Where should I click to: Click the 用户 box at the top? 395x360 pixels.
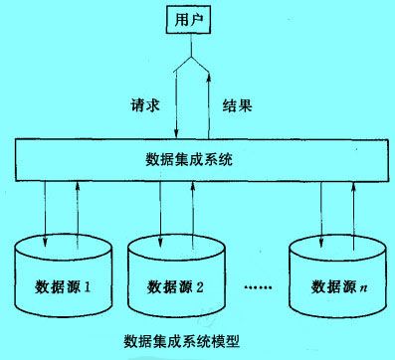[x=192, y=20]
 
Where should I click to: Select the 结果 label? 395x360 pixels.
[x=236, y=102]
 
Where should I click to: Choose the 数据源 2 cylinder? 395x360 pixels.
[x=177, y=283]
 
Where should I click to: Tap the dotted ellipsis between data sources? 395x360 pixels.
[x=262, y=288]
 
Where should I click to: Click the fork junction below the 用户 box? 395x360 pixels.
[x=191, y=60]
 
